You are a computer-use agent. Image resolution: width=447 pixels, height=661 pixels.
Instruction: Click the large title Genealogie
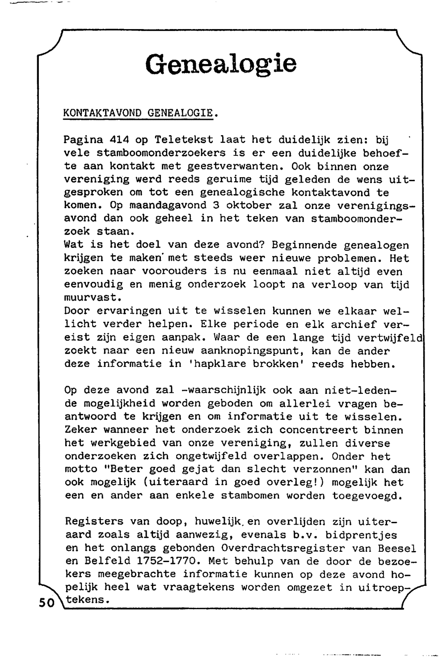pos(221,63)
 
